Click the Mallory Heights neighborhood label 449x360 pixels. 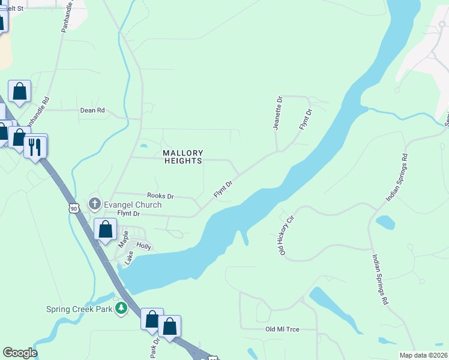183,157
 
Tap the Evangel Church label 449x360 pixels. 131,205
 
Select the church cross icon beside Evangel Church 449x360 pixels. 94,205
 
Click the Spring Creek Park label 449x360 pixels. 80,310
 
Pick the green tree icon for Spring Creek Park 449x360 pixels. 122,308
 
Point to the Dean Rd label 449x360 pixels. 93,110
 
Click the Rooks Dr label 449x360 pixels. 160,196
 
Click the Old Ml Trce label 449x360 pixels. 282,329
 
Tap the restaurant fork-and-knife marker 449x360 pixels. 35,145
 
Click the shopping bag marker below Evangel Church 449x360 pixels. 106,229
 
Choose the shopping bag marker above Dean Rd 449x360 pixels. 20,92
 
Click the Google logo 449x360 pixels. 20,353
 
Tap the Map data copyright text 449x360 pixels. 423,355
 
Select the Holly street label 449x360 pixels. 144,246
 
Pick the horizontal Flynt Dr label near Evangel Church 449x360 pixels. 128,214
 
